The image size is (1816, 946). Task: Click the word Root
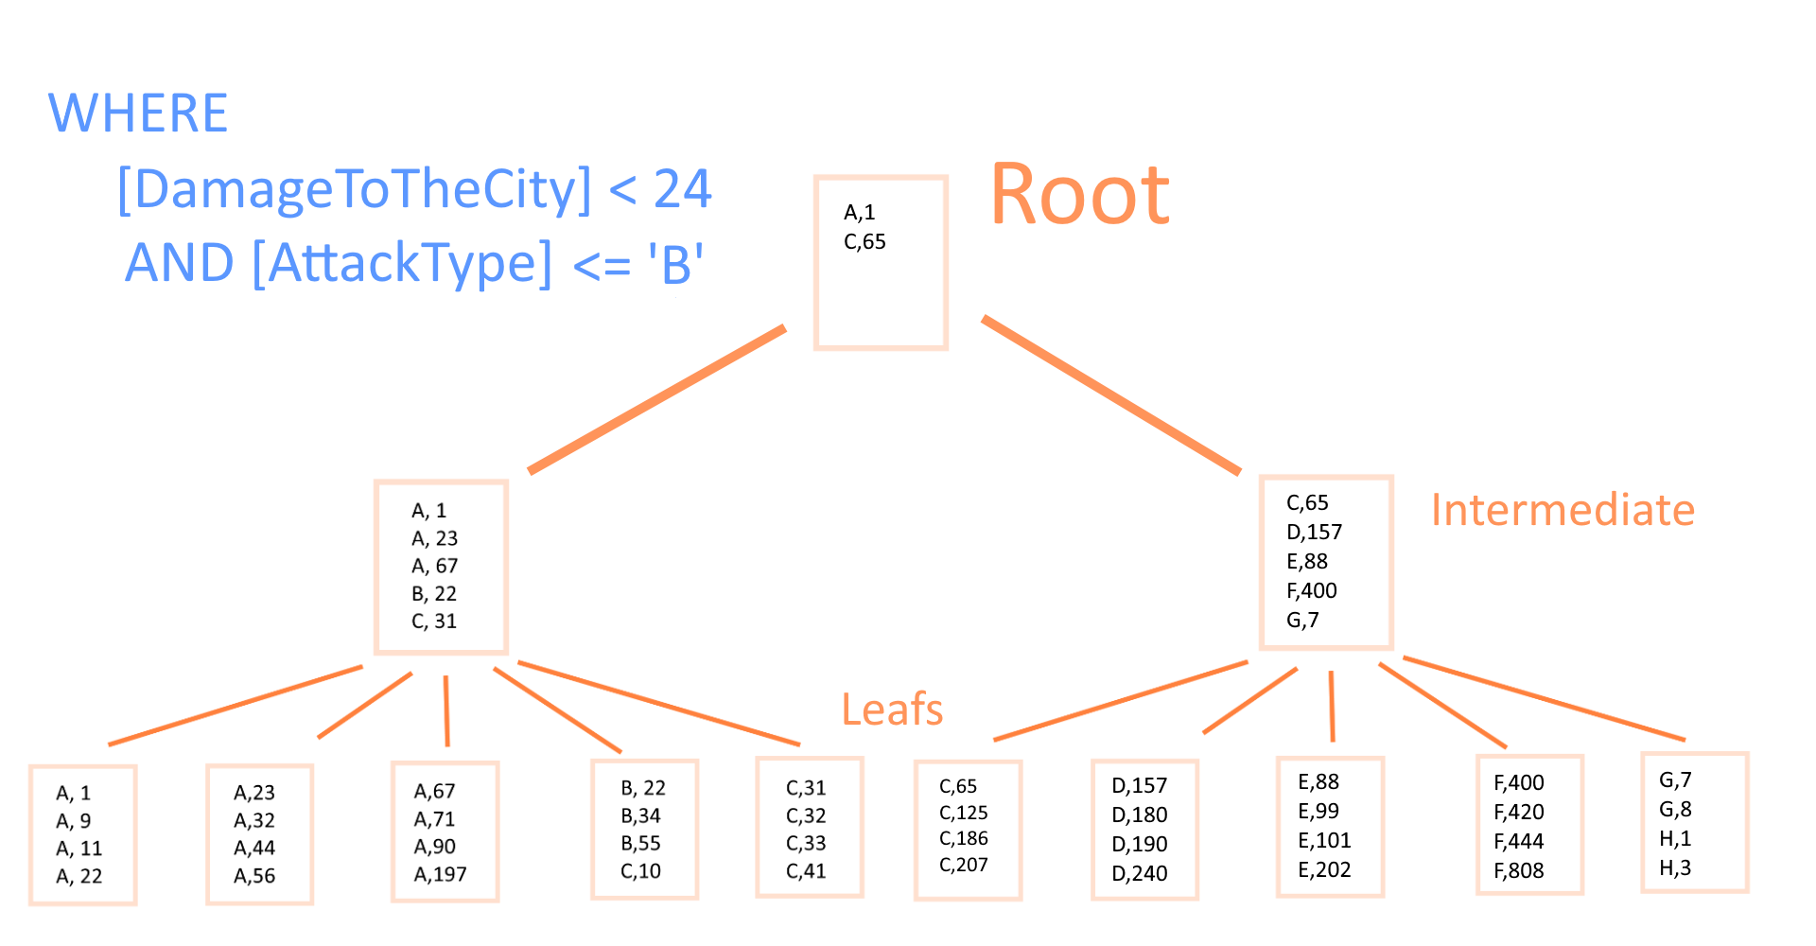click(1080, 194)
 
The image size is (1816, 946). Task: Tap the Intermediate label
click(1563, 510)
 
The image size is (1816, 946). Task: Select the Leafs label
click(892, 709)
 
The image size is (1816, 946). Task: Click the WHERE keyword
click(138, 114)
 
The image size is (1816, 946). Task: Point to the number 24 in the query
click(682, 188)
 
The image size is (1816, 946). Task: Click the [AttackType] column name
click(402, 263)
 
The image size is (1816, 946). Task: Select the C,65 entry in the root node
click(864, 242)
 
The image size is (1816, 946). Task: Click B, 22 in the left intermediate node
click(434, 594)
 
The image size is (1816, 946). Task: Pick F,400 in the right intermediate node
click(1312, 591)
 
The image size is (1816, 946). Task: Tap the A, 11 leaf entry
click(79, 849)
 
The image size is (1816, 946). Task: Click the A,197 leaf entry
click(441, 874)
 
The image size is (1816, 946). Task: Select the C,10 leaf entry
click(640, 871)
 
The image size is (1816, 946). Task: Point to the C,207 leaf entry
click(964, 865)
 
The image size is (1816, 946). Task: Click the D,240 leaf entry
click(1140, 873)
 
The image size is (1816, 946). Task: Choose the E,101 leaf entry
click(1324, 841)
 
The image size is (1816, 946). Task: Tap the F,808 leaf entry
click(1519, 870)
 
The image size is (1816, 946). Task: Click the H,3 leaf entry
click(1675, 868)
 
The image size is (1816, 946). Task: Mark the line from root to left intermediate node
click(657, 399)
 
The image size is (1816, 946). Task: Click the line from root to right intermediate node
click(1111, 394)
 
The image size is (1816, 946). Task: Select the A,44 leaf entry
click(254, 849)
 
